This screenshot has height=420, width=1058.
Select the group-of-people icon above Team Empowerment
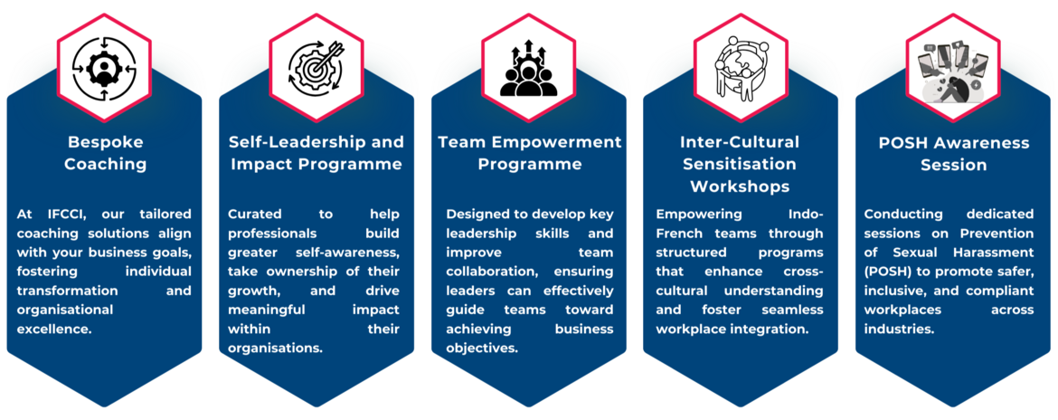tap(528, 69)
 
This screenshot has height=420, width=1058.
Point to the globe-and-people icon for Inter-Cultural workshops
tap(741, 69)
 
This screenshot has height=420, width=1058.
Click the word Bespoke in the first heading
tap(105, 143)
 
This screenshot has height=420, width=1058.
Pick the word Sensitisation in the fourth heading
tap(741, 164)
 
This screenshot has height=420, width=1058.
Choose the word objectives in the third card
tap(481, 348)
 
